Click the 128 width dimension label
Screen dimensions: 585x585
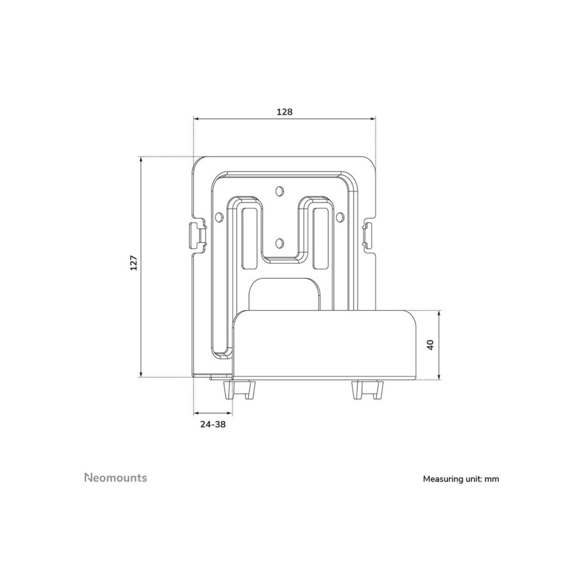pyautogui.click(x=284, y=112)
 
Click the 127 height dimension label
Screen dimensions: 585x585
pyautogui.click(x=134, y=263)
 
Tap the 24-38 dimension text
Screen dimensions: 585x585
pyautogui.click(x=213, y=424)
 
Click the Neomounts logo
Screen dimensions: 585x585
pyautogui.click(x=116, y=477)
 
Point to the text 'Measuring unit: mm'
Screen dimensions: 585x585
pyautogui.click(x=461, y=479)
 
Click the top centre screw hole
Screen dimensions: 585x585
pyautogui.click(x=278, y=191)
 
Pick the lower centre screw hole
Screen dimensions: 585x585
pyautogui.click(x=278, y=243)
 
